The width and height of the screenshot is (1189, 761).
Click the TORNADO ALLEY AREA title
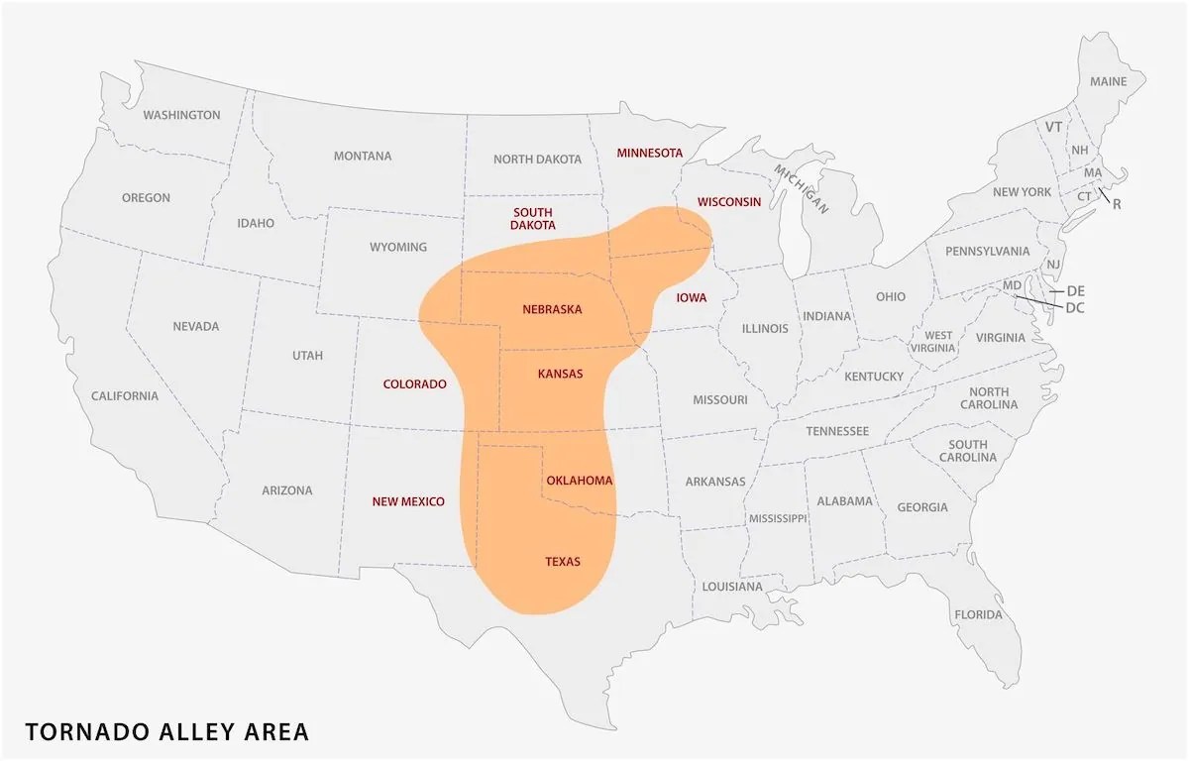(166, 732)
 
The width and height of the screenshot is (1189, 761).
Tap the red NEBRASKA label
(552, 309)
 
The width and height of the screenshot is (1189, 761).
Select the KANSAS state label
(560, 374)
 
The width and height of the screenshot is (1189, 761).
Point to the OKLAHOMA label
(580, 481)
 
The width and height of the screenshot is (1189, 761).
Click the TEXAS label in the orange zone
(563, 562)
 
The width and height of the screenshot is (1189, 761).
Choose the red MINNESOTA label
(650, 153)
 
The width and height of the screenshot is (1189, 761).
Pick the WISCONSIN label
(729, 201)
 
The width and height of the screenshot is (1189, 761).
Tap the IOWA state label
(691, 297)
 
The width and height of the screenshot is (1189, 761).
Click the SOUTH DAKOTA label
(533, 219)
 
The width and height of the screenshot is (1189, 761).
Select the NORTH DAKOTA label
(537, 159)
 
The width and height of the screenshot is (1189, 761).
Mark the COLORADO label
(414, 383)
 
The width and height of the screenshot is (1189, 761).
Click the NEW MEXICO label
(408, 501)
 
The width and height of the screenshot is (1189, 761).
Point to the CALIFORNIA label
(125, 396)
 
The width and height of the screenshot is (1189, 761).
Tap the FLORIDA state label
(978, 614)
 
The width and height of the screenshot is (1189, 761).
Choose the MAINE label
(1109, 81)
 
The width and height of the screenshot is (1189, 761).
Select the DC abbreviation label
(1074, 308)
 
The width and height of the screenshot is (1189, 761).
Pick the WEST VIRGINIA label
(938, 342)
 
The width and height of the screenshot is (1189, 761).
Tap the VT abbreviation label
(1053, 127)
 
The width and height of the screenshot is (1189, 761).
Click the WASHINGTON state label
(181, 115)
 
